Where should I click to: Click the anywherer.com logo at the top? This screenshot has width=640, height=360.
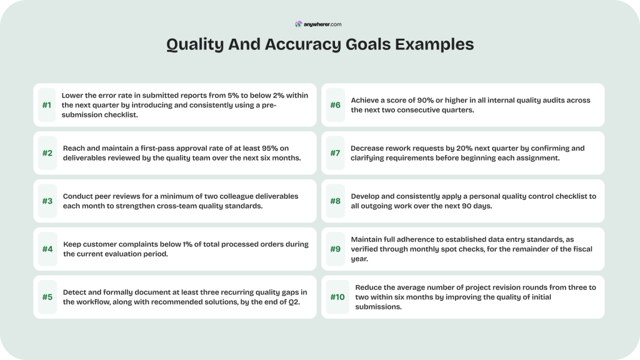pos(319,24)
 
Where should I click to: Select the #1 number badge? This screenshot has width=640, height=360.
pos(47,105)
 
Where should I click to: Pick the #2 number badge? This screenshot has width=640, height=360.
pos(47,153)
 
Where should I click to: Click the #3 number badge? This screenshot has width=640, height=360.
pos(47,201)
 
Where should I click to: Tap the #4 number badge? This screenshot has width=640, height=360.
pos(47,249)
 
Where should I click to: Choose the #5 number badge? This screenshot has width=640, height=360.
pos(47,297)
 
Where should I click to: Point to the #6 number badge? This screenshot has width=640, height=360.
pos(335,105)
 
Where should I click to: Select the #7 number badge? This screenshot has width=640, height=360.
pos(335,153)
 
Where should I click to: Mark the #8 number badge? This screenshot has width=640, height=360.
pos(335,201)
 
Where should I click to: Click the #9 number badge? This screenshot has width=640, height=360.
pos(335,249)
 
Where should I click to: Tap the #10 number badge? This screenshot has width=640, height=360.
pos(337,297)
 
